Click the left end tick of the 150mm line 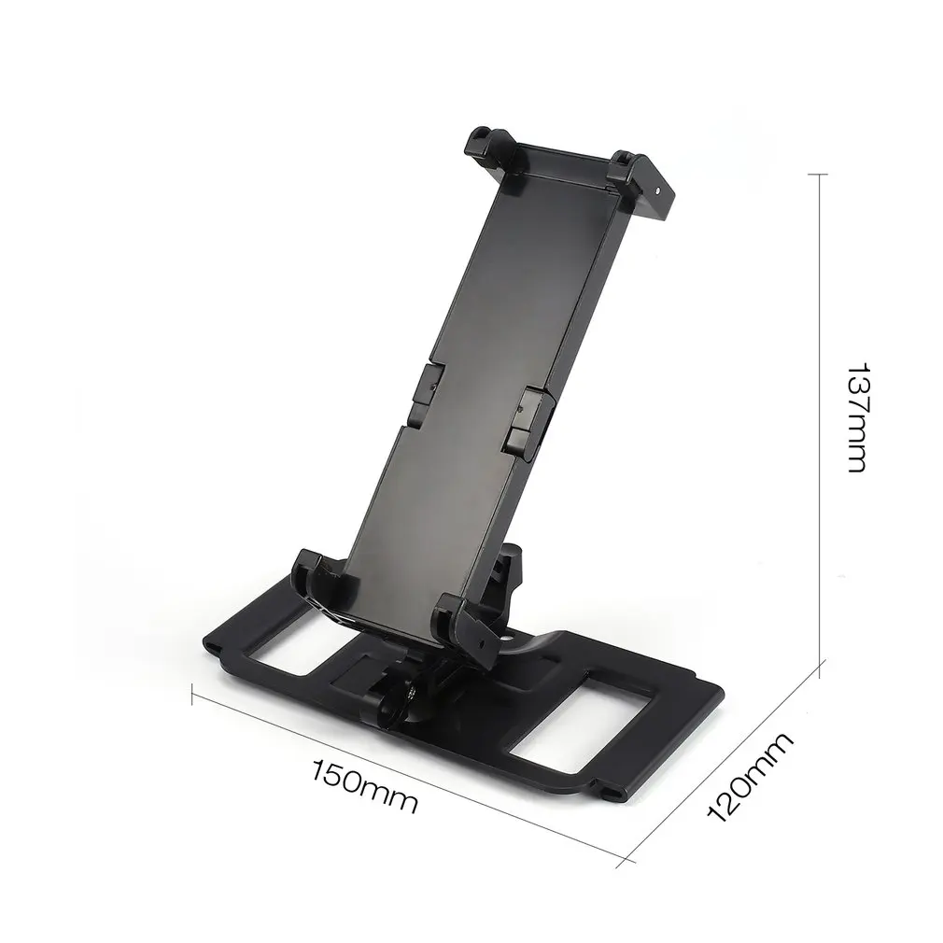(x=191, y=696)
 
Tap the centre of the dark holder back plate (x=467, y=373)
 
